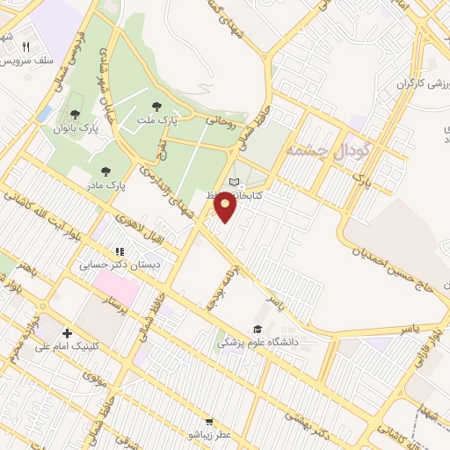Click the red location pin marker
click(226, 207)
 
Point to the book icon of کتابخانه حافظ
click(233, 181)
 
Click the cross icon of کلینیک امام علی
click(68, 333)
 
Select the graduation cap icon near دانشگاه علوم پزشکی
click(258, 328)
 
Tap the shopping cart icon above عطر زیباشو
click(209, 422)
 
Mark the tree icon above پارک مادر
click(106, 171)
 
